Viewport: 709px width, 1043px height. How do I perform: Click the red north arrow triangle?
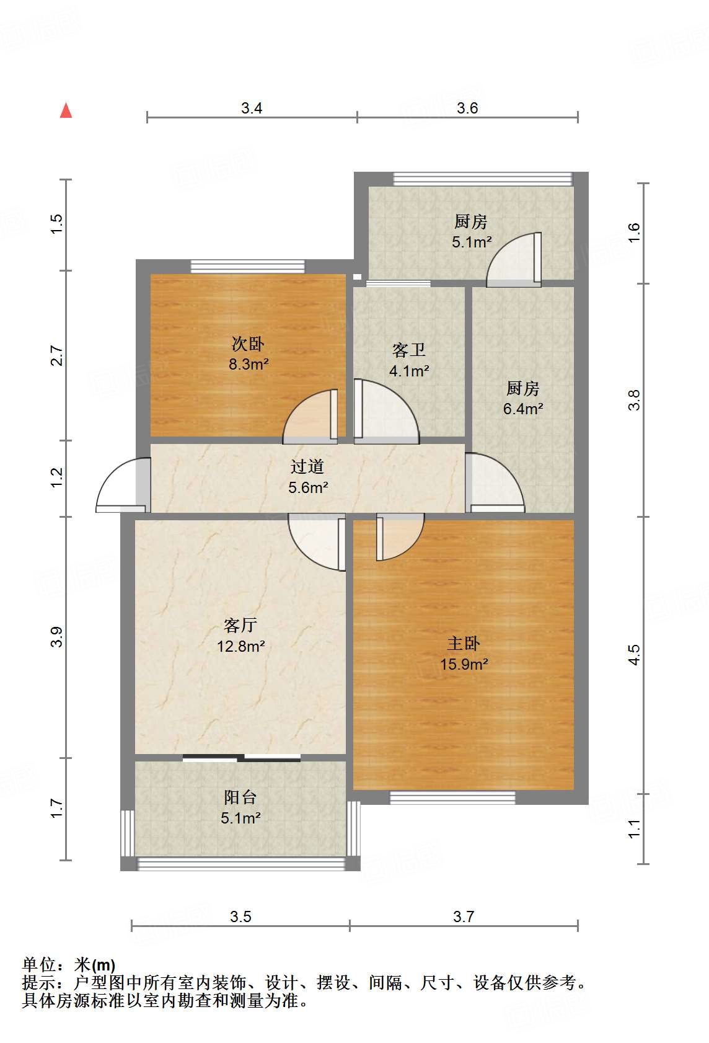point(66,111)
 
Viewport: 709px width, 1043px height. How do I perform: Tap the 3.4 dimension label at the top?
point(252,108)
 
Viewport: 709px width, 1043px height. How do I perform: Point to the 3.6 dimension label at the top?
point(467,108)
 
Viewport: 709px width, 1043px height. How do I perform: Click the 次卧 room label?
point(248,344)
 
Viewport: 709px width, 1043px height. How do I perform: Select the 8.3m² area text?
point(249,363)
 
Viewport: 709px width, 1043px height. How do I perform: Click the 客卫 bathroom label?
point(408,350)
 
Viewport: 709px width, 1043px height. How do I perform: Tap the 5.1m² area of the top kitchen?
point(471,242)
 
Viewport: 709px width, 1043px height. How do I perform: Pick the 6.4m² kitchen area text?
point(523,409)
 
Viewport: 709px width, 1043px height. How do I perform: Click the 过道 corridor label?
point(307,466)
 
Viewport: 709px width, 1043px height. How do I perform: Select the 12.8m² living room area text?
point(241,646)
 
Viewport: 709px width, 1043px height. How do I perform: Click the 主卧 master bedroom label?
point(464,644)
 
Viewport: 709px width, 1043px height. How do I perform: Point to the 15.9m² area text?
point(464,664)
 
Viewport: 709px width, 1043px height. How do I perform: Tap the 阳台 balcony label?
point(240,797)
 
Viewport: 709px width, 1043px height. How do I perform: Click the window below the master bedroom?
point(452,797)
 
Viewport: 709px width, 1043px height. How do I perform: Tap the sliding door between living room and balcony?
point(242,758)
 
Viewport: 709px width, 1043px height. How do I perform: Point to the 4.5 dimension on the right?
point(633,655)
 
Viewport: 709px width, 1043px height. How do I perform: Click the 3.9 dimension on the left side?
point(56,637)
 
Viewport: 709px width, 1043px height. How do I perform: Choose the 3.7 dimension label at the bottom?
point(464,917)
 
